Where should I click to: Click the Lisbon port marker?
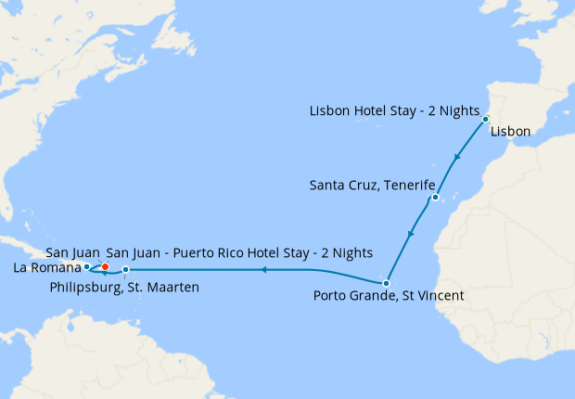(x=485, y=120)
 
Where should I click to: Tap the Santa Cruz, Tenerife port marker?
(x=434, y=198)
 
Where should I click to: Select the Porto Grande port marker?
(x=386, y=283)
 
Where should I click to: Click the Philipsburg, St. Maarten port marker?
(x=126, y=270)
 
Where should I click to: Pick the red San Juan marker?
(x=105, y=266)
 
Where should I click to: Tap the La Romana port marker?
(x=86, y=266)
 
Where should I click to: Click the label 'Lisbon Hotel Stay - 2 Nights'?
(x=393, y=111)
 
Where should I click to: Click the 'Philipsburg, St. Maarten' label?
(x=123, y=287)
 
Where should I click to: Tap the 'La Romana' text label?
(x=46, y=268)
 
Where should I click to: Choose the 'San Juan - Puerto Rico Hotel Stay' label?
(x=239, y=252)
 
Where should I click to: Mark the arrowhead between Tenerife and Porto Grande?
(x=411, y=231)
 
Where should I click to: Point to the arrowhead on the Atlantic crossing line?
(x=263, y=270)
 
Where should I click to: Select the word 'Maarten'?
(x=172, y=287)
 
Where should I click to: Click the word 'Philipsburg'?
(x=83, y=287)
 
